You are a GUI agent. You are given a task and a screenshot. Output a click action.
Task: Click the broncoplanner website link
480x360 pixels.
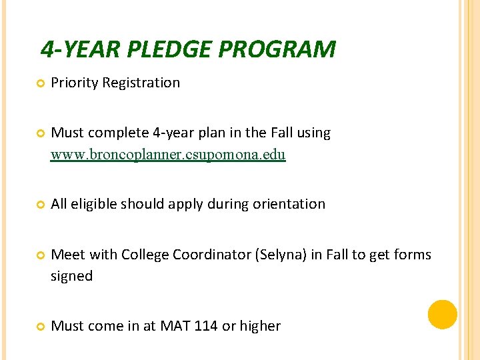click(168, 155)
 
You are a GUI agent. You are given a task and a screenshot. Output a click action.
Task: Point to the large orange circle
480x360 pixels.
click(443, 315)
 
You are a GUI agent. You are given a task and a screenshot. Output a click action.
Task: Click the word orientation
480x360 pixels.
click(289, 204)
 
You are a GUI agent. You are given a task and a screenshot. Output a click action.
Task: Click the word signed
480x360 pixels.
click(71, 276)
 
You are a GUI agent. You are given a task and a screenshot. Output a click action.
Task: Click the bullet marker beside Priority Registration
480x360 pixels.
click(39, 84)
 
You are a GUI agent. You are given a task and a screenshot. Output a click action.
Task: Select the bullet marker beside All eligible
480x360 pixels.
click(39, 205)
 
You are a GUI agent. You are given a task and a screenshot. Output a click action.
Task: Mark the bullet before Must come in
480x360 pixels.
click(39, 327)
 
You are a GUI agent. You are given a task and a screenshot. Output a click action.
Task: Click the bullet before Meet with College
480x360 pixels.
click(39, 255)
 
